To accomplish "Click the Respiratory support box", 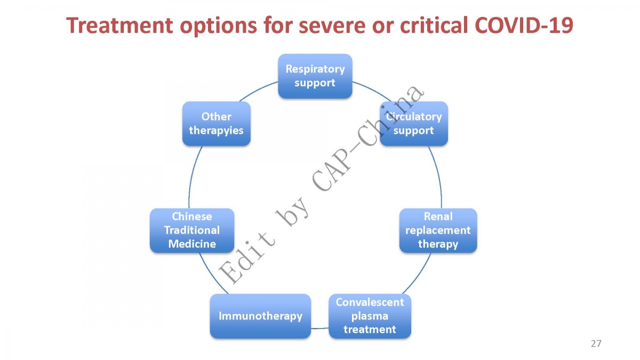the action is [x=315, y=76].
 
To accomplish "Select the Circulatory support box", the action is [x=414, y=124].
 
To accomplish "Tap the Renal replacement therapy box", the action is [x=438, y=230].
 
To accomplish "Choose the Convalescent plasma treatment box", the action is [x=370, y=316].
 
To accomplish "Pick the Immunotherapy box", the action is [x=260, y=316].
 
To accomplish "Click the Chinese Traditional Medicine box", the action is [x=192, y=230].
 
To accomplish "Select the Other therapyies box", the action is [x=217, y=124].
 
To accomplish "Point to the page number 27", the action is [x=596, y=343].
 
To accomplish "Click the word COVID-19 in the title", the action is [x=524, y=25].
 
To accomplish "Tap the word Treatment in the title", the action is [x=119, y=25].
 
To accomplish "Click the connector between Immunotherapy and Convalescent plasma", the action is [x=319, y=329].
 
